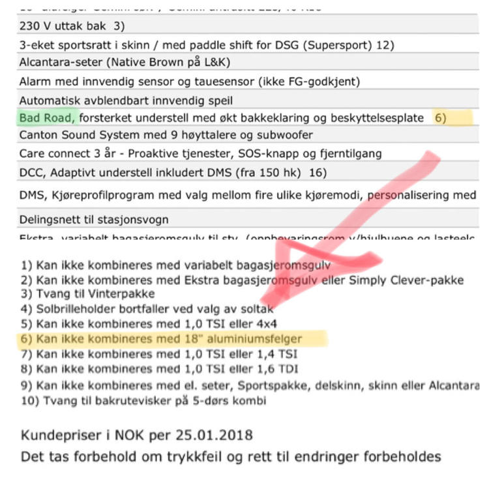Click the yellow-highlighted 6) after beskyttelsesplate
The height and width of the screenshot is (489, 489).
coord(441,118)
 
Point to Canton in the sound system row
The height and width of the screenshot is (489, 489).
coord(38,136)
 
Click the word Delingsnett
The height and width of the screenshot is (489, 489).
coord(50,220)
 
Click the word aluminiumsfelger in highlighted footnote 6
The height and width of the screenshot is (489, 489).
coord(258,338)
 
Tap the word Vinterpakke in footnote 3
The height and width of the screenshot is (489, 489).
coord(124,293)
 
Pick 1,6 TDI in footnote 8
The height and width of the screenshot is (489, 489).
coord(275,369)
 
